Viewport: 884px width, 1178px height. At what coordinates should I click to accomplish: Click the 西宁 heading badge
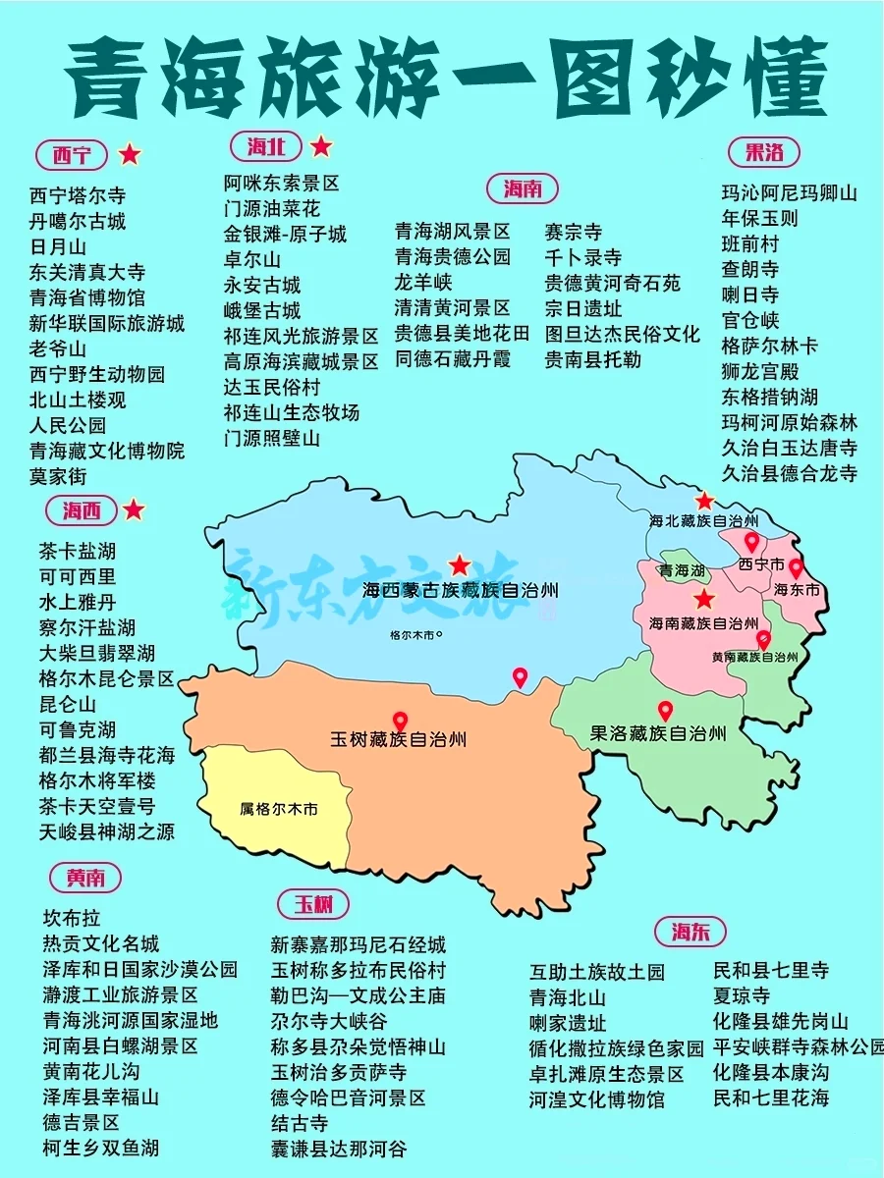coord(71,155)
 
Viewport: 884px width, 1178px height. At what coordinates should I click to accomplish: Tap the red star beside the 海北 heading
coord(321,147)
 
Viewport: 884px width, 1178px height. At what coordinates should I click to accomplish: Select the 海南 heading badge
coord(523,188)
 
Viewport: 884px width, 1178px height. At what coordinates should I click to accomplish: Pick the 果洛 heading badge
coord(764,152)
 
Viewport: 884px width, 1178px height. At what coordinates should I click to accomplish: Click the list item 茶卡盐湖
coord(78,551)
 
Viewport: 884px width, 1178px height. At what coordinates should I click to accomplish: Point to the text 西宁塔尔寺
coord(78,195)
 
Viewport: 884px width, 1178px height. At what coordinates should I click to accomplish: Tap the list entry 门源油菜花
coord(272,208)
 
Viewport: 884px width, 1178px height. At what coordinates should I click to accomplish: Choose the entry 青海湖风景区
coord(453,232)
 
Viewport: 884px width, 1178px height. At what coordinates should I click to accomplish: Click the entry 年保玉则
coord(760,218)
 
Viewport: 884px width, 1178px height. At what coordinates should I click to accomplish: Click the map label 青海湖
coord(682,570)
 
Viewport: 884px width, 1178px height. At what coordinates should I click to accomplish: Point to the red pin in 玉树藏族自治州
coord(400,722)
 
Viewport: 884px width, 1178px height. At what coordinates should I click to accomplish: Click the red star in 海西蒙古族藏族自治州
coord(459,564)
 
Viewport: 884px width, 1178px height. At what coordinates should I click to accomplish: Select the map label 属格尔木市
coord(279,810)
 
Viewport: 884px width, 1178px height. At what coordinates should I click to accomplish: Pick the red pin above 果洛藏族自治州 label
coord(665,711)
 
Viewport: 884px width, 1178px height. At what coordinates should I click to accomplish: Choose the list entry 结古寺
coord(300,1123)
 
